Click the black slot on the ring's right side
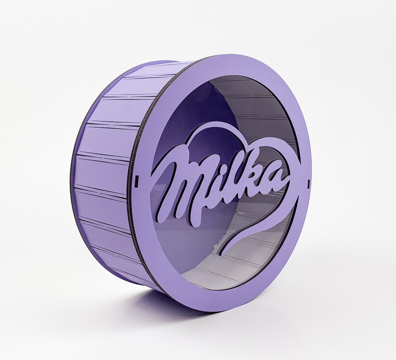[308, 183]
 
